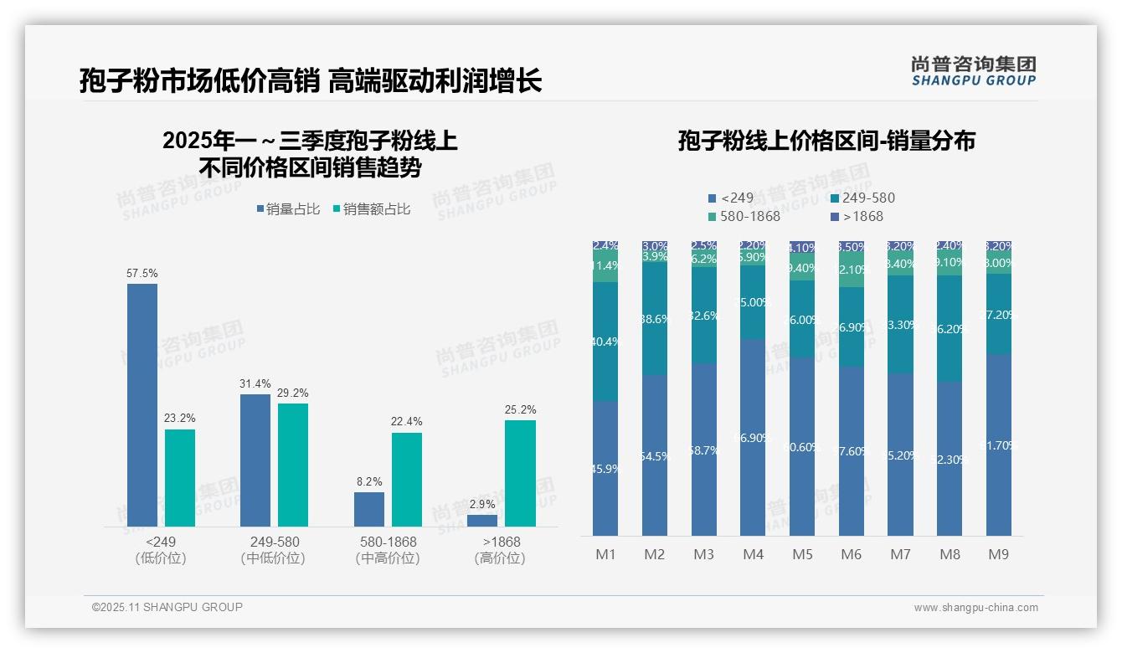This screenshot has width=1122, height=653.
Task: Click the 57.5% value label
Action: tap(142, 274)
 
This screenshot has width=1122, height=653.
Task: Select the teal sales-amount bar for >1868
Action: tap(520, 473)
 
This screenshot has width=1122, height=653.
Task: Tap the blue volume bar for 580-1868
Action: tap(369, 509)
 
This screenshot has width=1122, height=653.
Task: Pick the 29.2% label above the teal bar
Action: tap(293, 393)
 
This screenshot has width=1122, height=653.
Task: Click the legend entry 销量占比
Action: tap(288, 209)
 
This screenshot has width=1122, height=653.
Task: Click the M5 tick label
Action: tap(802, 554)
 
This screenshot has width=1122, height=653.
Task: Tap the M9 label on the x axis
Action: tap(999, 554)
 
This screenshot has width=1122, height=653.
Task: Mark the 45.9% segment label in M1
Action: tap(605, 469)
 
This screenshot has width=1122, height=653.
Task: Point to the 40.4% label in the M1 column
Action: tap(605, 342)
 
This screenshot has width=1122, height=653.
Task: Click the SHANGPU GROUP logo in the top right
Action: tap(973, 71)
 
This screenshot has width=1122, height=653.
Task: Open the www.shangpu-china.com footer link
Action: tap(975, 608)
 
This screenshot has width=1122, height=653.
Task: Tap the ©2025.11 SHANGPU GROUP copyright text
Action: tap(167, 607)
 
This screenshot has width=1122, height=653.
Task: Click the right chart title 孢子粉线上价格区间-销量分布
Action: tap(826, 141)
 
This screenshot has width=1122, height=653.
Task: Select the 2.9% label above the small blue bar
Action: tap(482, 505)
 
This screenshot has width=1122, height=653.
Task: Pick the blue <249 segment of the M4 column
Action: tap(753, 435)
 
